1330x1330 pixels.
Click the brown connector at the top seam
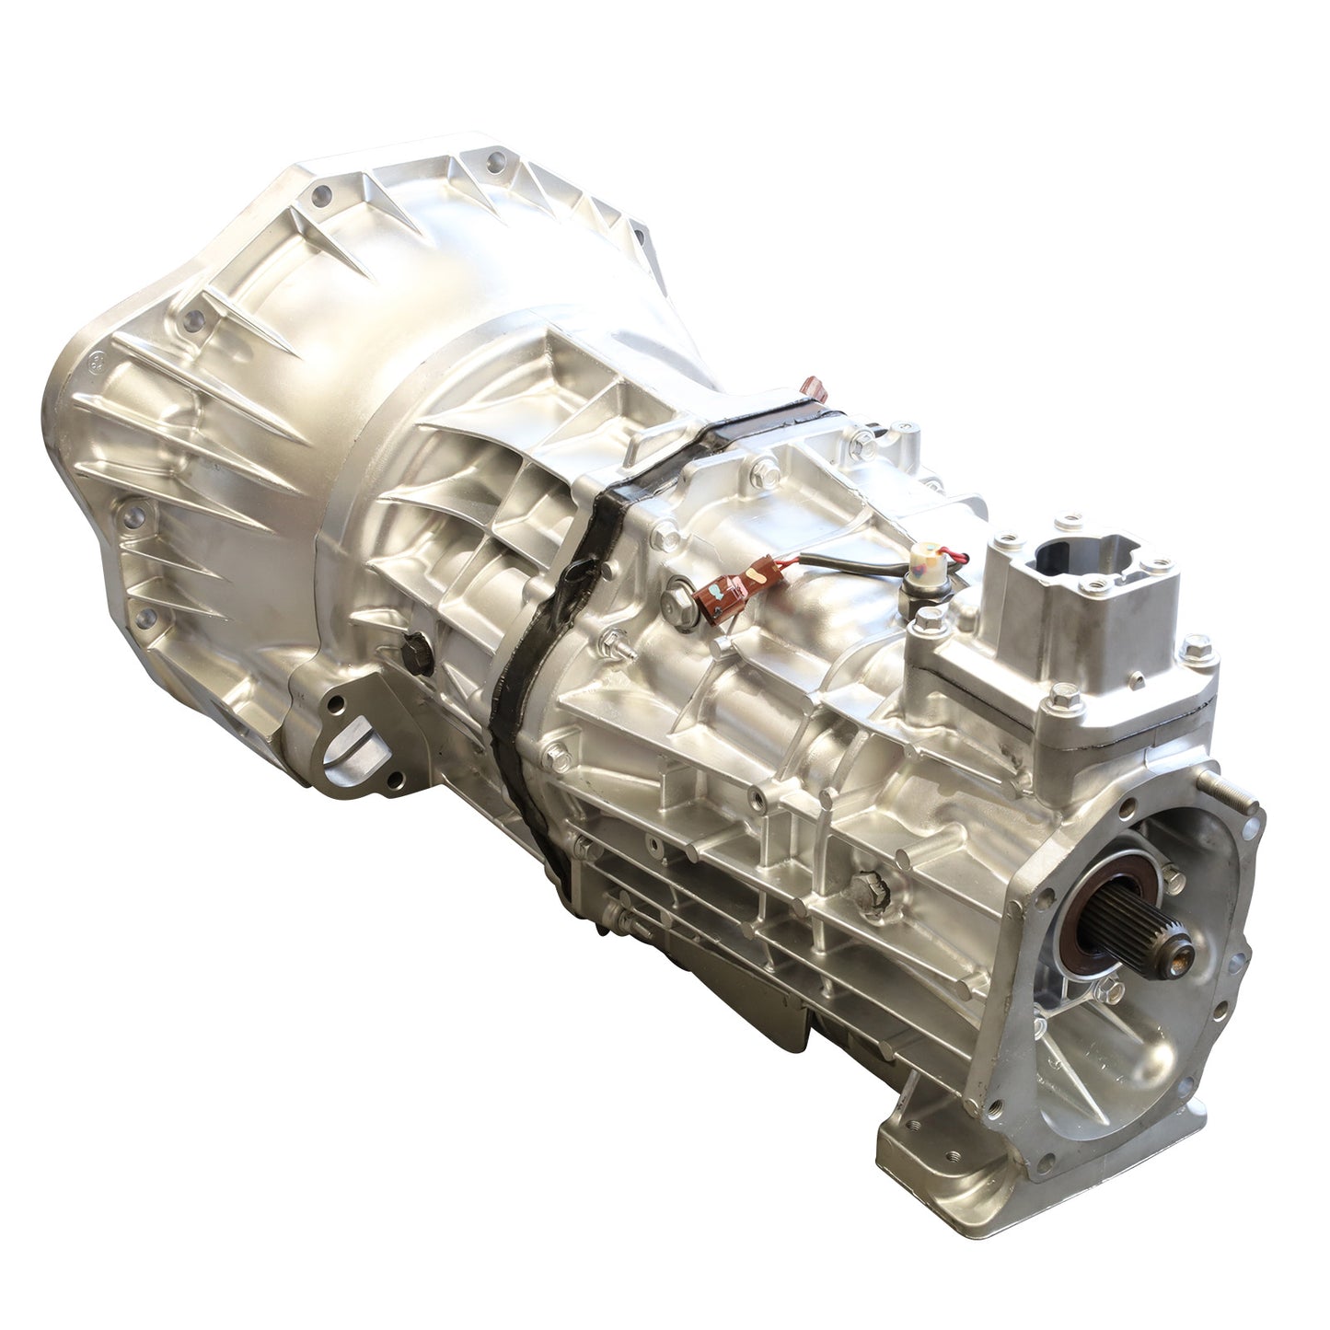tap(812, 386)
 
